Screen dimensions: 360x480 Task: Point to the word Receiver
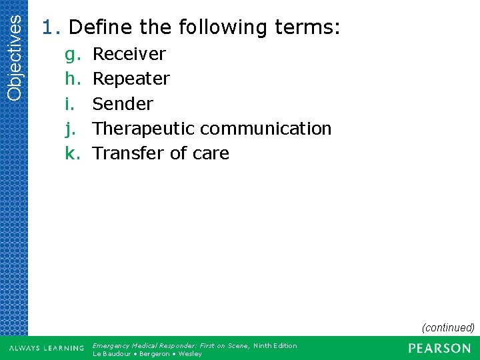click(x=129, y=54)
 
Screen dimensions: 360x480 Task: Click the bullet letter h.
click(x=72, y=79)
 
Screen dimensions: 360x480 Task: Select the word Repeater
click(x=131, y=79)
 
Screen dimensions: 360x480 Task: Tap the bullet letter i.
click(x=69, y=104)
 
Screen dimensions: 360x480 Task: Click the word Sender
click(x=123, y=104)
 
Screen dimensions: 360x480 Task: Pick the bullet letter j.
click(x=70, y=129)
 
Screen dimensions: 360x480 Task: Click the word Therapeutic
click(x=143, y=129)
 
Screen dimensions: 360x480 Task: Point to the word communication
click(x=265, y=129)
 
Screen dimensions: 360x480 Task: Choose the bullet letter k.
click(x=72, y=153)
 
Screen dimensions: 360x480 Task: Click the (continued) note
click(x=447, y=327)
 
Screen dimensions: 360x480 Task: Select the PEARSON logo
click(x=439, y=348)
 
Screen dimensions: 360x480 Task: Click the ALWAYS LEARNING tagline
click(x=46, y=349)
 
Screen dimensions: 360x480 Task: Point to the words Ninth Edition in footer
click(x=275, y=345)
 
